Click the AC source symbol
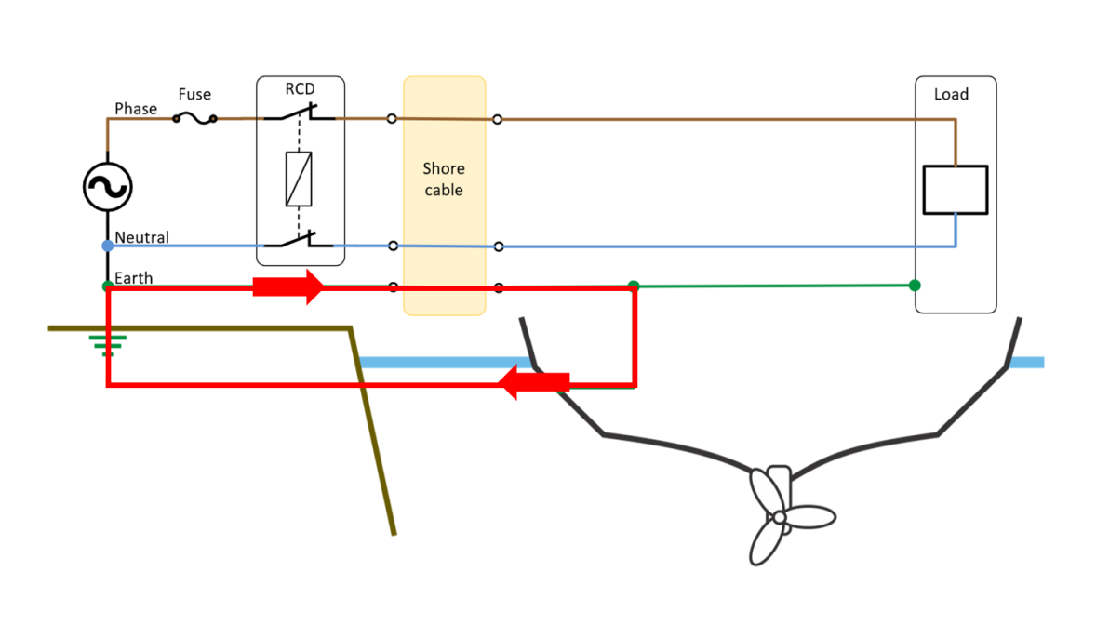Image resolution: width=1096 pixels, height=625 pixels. coord(107,187)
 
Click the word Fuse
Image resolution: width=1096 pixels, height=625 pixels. coord(194,94)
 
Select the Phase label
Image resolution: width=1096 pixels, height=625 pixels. coord(136,109)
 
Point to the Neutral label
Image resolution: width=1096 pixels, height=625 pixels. coord(142,237)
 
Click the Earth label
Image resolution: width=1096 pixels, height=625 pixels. coord(134,278)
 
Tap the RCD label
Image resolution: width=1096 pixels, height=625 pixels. coord(300,89)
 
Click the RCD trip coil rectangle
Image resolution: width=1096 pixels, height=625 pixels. coord(299,179)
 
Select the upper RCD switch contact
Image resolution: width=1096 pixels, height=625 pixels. coord(300,115)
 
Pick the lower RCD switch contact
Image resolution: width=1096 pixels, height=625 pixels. coord(300,242)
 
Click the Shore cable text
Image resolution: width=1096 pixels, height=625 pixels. coord(444,179)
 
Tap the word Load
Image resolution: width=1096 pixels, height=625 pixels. coord(951,94)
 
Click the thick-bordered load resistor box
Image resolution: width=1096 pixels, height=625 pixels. coord(955,190)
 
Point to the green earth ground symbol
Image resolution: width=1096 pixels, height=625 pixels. coord(107,345)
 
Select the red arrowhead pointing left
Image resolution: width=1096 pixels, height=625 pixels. coord(512,382)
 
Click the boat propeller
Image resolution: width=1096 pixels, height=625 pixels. coord(779,514)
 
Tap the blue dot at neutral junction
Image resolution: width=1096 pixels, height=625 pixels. coord(107,246)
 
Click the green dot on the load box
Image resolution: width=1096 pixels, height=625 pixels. coord(915,285)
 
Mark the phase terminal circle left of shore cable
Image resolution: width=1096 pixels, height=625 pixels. coord(392,118)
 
